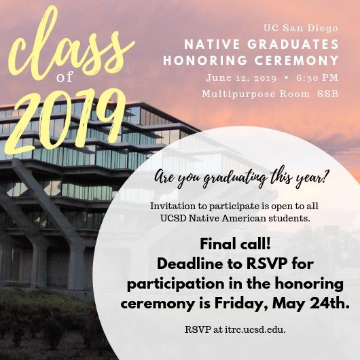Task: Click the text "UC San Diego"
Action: tap(301, 29)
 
